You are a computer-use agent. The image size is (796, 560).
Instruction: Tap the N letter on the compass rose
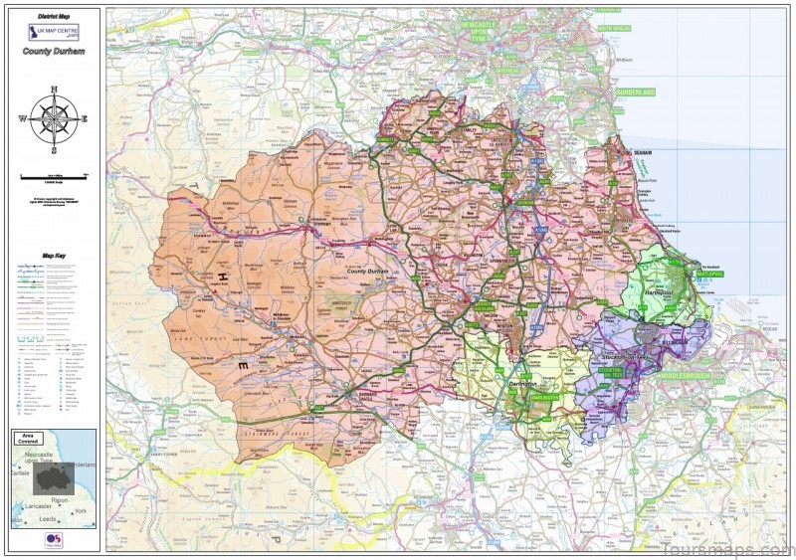pos(54,91)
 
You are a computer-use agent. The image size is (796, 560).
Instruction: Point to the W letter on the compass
pos(22,119)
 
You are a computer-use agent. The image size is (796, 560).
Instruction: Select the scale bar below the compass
pos(54,175)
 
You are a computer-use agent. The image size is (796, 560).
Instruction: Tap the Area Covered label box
pos(30,439)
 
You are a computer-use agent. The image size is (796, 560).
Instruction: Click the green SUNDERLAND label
pos(636,92)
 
